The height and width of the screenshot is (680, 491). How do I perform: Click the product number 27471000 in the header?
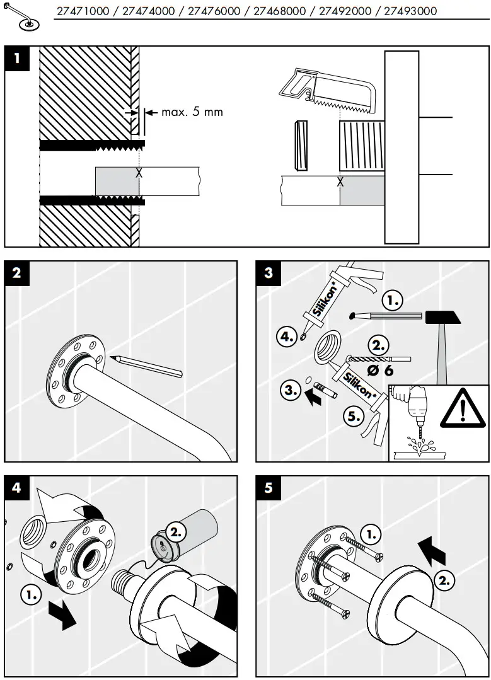click(x=83, y=11)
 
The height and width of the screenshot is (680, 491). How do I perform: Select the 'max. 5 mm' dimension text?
click(x=192, y=112)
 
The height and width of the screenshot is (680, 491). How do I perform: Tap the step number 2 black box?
click(x=17, y=273)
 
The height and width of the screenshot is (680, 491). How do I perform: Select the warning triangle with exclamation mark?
click(x=462, y=410)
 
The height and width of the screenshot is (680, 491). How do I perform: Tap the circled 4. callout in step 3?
click(x=287, y=337)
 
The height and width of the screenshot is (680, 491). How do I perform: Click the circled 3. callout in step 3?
click(x=291, y=390)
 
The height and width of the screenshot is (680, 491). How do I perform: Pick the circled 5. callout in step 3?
click(x=353, y=415)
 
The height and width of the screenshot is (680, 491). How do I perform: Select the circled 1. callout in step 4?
click(x=29, y=593)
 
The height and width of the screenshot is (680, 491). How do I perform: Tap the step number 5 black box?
click(x=269, y=488)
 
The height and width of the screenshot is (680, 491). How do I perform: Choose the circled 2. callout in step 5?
click(x=444, y=580)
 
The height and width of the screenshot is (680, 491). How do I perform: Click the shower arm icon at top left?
click(x=22, y=18)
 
